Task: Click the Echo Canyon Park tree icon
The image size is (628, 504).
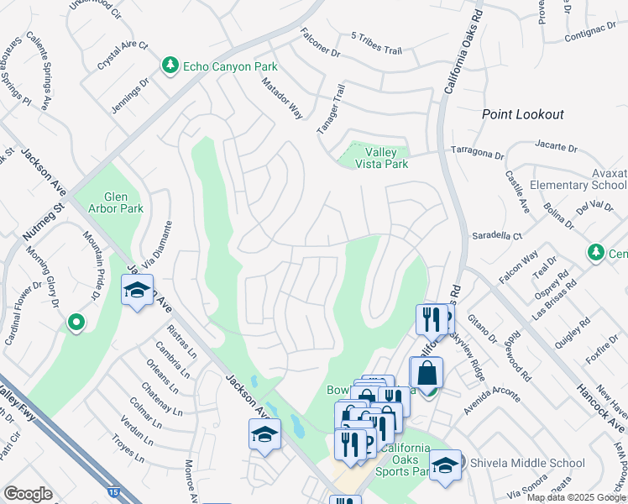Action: [170, 66]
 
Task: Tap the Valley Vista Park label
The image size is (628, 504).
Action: [386, 158]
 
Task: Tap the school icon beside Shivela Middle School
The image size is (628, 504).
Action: [445, 465]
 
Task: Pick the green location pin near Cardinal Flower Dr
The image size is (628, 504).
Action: [76, 322]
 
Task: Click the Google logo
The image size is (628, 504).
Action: [28, 494]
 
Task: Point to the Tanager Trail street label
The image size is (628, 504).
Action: [331, 108]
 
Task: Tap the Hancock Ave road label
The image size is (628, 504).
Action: [597, 402]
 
